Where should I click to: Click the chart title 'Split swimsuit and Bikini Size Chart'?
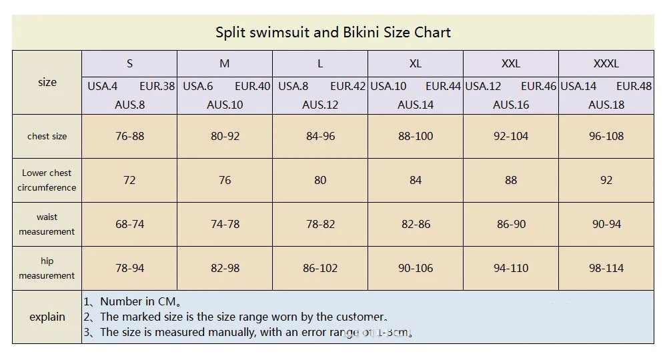(333, 32)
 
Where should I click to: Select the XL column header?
(415, 64)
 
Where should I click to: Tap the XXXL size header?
(606, 64)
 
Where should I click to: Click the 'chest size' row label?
(47, 136)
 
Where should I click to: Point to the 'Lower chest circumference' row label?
(47, 180)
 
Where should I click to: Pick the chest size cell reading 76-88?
(129, 136)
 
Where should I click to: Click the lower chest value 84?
(415, 180)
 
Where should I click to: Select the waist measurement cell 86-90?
(511, 224)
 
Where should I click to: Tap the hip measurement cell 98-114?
(606, 268)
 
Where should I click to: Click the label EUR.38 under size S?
(157, 86)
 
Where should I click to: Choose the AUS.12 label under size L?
(320, 105)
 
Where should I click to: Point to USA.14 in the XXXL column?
(578, 86)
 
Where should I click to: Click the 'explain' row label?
(47, 317)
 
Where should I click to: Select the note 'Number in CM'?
(140, 302)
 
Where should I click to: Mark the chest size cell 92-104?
(511, 136)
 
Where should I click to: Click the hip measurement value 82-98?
(225, 268)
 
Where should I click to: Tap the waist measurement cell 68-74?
(129, 224)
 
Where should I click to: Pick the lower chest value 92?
(606, 180)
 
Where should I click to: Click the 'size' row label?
(47, 83)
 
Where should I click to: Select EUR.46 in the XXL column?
(538, 86)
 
